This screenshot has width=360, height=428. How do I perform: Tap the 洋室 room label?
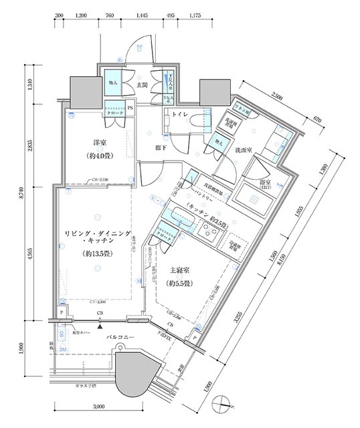point(101,142)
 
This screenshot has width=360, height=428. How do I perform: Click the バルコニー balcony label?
point(122,338)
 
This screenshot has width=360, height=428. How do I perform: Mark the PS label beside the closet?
point(130,107)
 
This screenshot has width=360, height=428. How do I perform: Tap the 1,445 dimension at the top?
point(141,13)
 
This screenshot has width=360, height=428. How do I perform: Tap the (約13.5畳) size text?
point(97,253)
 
